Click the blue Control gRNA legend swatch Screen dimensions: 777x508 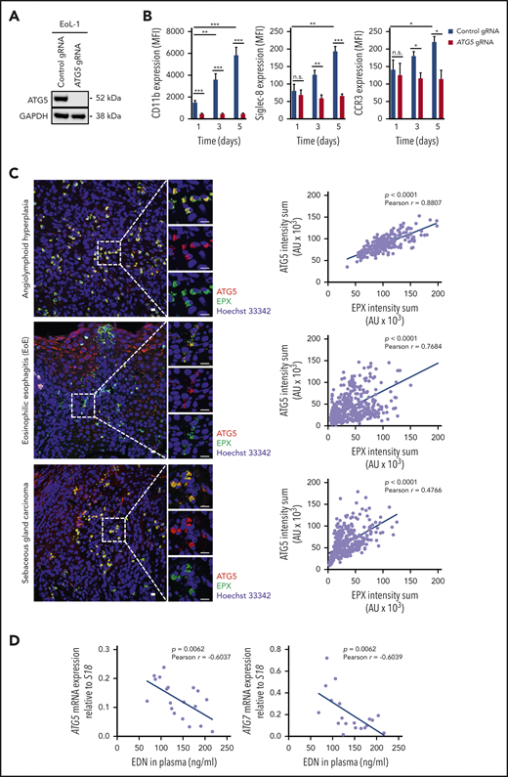pyautogui.click(x=433, y=18)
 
